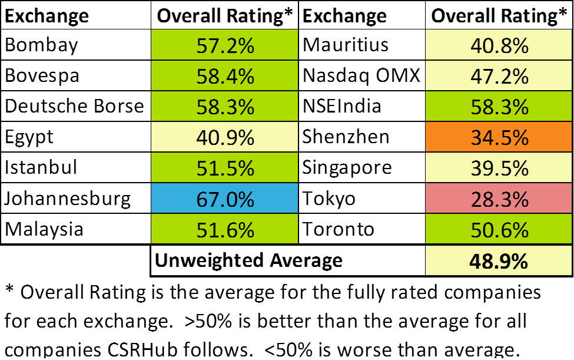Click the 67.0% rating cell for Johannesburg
[224, 199]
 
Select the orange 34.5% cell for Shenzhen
[499, 137]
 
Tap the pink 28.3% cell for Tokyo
[499, 199]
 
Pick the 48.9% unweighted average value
[499, 260]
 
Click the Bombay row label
[41, 45]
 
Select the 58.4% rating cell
[224, 76]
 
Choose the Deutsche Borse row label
[74, 107]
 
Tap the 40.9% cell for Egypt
[224, 137]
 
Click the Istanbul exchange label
[41, 168]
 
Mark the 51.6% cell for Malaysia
[224, 229]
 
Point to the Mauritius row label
[346, 45]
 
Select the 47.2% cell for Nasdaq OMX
[499, 76]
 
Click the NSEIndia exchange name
[342, 107]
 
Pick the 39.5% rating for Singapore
[499, 168]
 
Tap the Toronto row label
[339, 229]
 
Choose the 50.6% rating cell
[499, 229]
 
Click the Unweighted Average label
[248, 260]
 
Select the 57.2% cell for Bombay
[224, 45]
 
